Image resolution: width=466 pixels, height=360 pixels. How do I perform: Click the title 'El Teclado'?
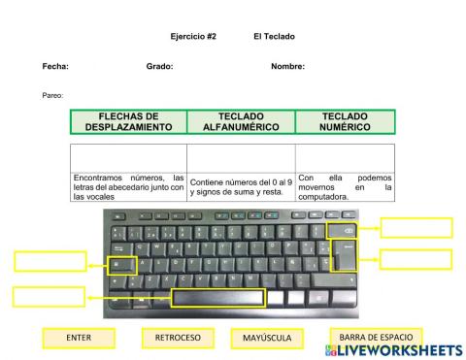(273, 37)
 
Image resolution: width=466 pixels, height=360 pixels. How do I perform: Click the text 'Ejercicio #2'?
(193, 37)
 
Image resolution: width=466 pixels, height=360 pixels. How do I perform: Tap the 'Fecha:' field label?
(55, 66)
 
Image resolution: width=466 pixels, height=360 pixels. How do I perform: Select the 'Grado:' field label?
(159, 66)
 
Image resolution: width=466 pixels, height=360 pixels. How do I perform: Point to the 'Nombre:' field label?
(287, 66)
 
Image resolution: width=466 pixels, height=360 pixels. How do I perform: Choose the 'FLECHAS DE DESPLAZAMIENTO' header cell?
(128, 121)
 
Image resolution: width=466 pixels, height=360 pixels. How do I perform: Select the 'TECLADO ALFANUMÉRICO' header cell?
(241, 121)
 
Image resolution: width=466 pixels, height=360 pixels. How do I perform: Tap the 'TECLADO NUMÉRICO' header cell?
(345, 121)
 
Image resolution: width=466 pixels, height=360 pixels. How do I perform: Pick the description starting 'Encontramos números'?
(128, 186)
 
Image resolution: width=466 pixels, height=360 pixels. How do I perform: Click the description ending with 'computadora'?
(345, 186)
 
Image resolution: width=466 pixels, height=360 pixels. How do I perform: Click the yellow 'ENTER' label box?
(79, 338)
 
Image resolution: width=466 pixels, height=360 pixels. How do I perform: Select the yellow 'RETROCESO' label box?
(178, 338)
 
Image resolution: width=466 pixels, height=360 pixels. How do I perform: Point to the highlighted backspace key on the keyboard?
(347, 230)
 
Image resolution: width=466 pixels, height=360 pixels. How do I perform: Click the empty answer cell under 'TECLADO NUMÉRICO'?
(345, 157)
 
